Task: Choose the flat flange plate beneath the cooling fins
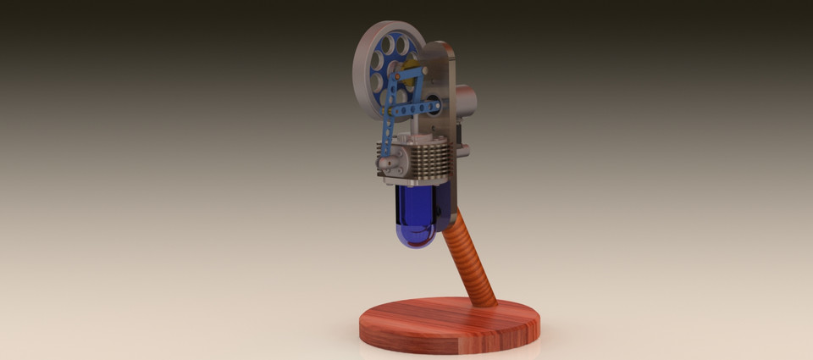click(415, 180)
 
